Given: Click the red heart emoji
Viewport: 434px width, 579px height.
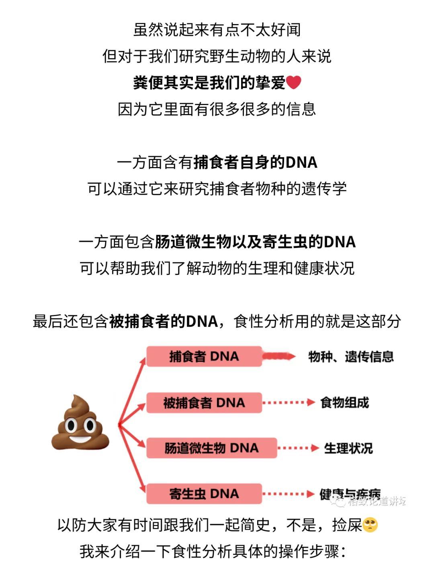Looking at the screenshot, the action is coord(294,83).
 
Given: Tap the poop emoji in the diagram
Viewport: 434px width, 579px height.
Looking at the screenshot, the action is coord(80,423).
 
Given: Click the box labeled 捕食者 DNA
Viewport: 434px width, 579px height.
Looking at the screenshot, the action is coord(204,356).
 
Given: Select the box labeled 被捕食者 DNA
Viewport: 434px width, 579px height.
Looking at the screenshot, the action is coord(204,402).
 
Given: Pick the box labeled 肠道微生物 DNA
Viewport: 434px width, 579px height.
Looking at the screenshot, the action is coord(211,448).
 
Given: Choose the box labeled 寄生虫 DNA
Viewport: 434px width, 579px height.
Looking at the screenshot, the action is coord(204,494).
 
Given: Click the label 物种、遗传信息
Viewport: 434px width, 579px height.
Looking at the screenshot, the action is coord(351,356).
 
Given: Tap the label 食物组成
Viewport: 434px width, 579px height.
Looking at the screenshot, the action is coord(344,402).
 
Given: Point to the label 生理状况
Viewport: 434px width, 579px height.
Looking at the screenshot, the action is coord(348,448).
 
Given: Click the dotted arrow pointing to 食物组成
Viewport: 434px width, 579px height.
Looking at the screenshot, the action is coord(288,402).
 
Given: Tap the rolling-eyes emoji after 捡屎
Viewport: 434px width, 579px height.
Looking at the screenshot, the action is coord(370,525).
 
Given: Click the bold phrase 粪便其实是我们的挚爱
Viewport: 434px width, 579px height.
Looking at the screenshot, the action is coord(209,83).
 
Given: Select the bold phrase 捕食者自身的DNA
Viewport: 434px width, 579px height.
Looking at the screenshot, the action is coord(256,163).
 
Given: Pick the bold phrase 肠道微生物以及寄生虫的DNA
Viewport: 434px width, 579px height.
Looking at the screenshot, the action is coord(255,242).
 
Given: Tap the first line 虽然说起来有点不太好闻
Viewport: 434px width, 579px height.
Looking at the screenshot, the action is coord(217,30).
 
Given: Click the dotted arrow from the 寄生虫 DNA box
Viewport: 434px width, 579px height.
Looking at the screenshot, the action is coord(288,494).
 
